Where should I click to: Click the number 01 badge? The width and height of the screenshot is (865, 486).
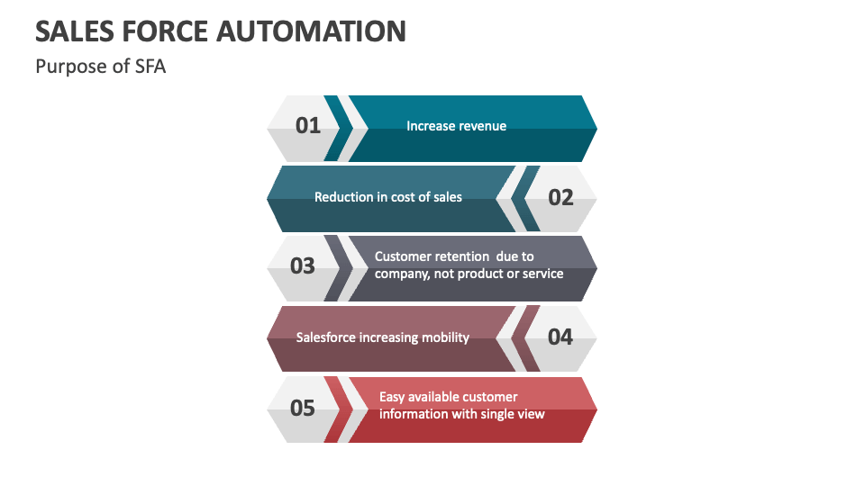click(308, 126)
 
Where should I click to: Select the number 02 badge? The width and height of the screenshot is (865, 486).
click(560, 197)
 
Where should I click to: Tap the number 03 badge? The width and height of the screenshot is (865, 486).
click(303, 266)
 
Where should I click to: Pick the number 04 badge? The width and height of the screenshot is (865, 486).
click(560, 337)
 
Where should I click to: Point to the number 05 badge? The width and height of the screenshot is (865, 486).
click(303, 408)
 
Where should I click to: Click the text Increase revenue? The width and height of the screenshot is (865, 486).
click(456, 126)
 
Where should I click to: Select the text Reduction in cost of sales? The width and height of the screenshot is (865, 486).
click(387, 197)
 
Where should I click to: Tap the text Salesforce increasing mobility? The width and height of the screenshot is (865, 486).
click(383, 337)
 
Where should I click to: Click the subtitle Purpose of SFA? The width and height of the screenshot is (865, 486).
click(100, 67)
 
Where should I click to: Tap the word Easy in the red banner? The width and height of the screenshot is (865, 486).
click(393, 397)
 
